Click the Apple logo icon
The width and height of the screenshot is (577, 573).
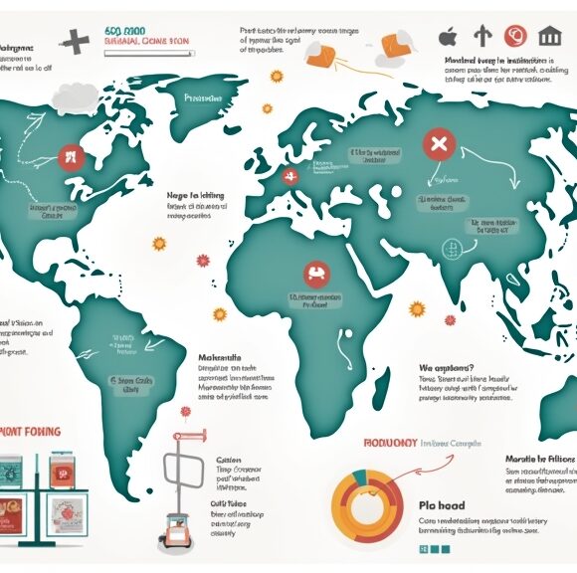point(447,38)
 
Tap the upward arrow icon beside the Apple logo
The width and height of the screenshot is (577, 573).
point(482,37)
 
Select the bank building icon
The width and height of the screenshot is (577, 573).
point(548,37)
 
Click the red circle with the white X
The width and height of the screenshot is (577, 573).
point(436,146)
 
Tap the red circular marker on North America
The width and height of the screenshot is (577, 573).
point(69,154)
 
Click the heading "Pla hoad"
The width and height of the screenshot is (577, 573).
point(440,505)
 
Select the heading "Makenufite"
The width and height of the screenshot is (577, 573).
point(219,358)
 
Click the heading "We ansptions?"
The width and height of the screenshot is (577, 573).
point(447,366)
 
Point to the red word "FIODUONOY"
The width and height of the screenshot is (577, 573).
point(389,443)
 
